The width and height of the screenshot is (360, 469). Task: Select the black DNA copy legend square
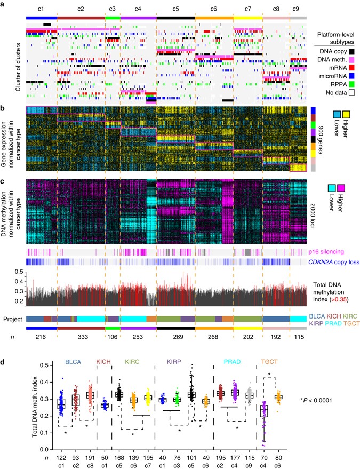[x=351, y=51]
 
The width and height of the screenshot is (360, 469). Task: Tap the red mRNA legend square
[x=351, y=68]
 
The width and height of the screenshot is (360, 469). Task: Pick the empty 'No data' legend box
[x=351, y=92]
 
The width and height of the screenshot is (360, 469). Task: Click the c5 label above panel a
[x=175, y=9]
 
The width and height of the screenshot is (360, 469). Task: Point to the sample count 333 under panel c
[x=83, y=337]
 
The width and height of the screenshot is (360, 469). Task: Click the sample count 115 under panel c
[x=299, y=337]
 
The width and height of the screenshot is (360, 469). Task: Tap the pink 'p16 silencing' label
[x=326, y=252]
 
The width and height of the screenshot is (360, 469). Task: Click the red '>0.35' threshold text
[x=339, y=299]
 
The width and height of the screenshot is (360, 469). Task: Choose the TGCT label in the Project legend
[x=351, y=323]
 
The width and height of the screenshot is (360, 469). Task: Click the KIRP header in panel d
[x=174, y=362]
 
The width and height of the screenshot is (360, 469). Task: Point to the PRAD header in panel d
[x=233, y=362]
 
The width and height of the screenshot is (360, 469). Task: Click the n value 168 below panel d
[x=119, y=458]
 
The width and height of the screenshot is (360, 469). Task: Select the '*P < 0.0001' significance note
[x=316, y=400]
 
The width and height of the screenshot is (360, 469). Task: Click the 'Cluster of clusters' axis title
[x=18, y=67]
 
